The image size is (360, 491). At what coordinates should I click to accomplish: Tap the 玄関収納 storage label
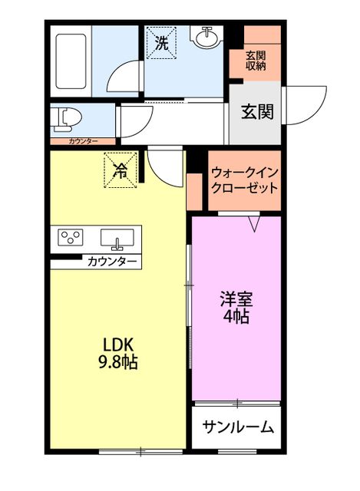pos(255,61)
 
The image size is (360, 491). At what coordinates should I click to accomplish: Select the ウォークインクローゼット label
pos(244,181)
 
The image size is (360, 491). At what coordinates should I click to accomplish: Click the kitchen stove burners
pos(72,238)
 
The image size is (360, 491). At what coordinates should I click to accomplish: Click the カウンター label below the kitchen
pos(112,262)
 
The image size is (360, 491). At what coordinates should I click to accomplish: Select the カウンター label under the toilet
pos(83,142)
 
